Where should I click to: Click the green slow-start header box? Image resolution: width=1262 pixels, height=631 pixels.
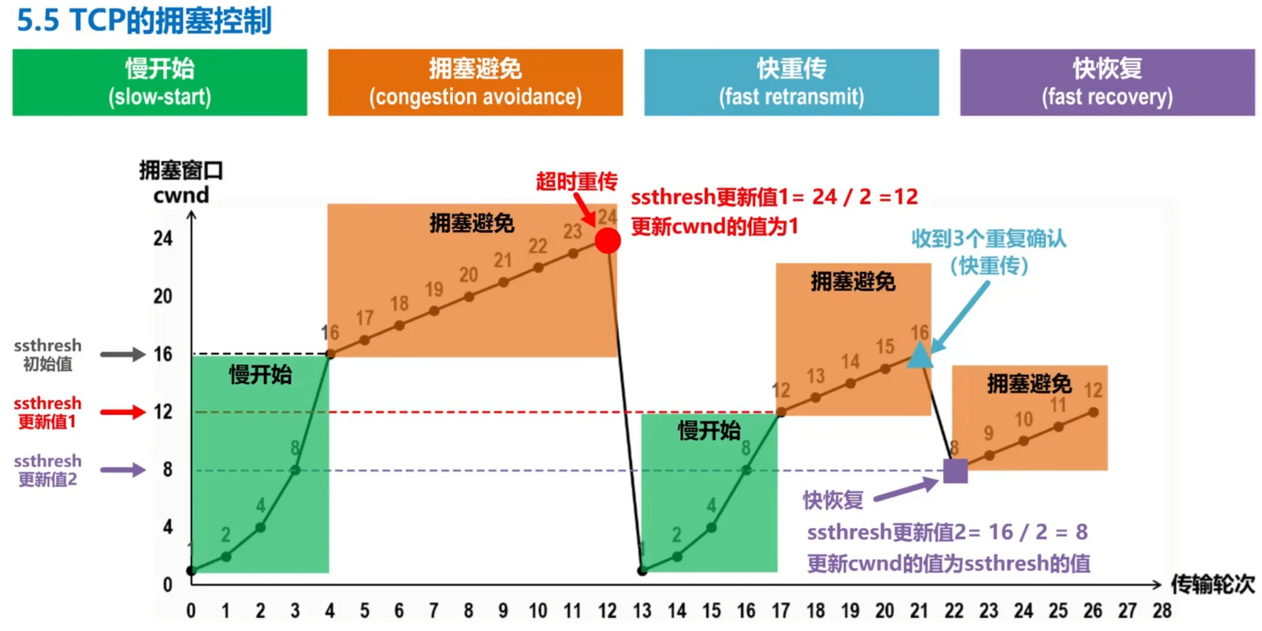point(160,82)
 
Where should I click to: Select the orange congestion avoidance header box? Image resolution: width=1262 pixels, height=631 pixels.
point(475,82)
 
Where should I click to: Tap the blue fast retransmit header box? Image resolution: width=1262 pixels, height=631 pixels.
point(791,82)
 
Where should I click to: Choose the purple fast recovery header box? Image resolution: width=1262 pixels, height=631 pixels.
point(1107,82)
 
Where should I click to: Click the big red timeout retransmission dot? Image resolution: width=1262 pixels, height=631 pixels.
point(608,241)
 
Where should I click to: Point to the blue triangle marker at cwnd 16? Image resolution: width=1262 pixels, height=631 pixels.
point(920,355)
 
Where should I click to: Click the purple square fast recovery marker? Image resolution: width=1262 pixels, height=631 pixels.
point(955,471)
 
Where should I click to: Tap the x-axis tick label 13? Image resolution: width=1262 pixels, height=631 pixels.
point(641,611)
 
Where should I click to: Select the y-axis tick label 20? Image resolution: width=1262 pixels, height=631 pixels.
point(162,297)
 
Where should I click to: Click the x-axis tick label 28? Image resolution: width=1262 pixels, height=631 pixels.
point(1162,611)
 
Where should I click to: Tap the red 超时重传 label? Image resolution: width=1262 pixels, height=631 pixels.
point(576,181)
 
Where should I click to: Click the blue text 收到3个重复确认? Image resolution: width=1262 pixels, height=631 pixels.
point(988,238)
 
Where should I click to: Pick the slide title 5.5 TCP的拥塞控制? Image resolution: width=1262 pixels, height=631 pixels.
point(144,20)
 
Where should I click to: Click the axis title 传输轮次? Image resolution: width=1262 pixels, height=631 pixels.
point(1212,584)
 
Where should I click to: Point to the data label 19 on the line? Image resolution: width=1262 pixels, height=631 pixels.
point(434,289)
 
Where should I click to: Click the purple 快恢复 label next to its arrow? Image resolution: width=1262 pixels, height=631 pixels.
point(832,500)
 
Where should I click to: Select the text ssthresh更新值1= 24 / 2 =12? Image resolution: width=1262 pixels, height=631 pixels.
point(774,197)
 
